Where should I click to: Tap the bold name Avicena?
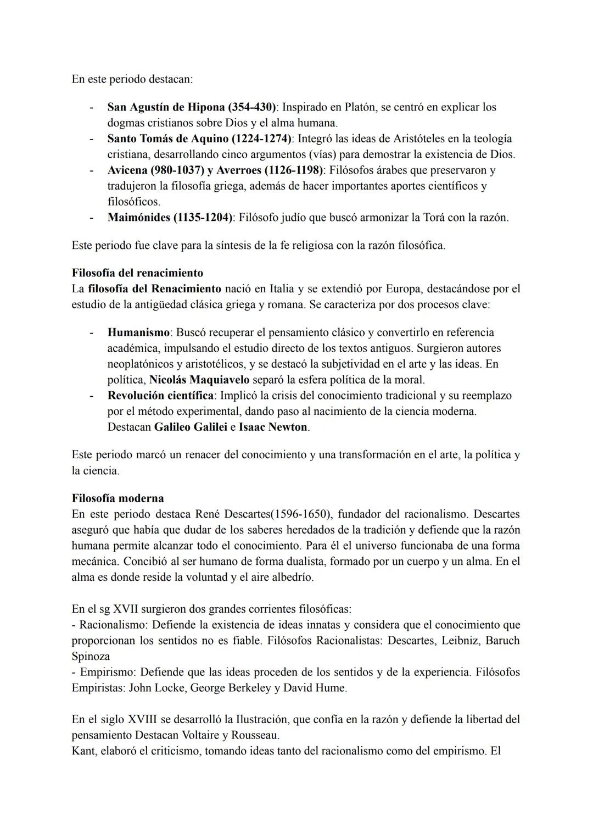(x=127, y=170)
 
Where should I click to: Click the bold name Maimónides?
(x=138, y=218)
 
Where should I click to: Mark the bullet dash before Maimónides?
(x=91, y=218)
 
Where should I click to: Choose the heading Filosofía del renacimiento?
(x=137, y=273)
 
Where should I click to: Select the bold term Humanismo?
(x=138, y=332)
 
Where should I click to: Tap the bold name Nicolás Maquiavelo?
(x=199, y=380)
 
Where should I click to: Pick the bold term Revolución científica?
(x=160, y=396)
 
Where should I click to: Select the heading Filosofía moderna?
(x=118, y=499)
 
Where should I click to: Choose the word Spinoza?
(x=91, y=657)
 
